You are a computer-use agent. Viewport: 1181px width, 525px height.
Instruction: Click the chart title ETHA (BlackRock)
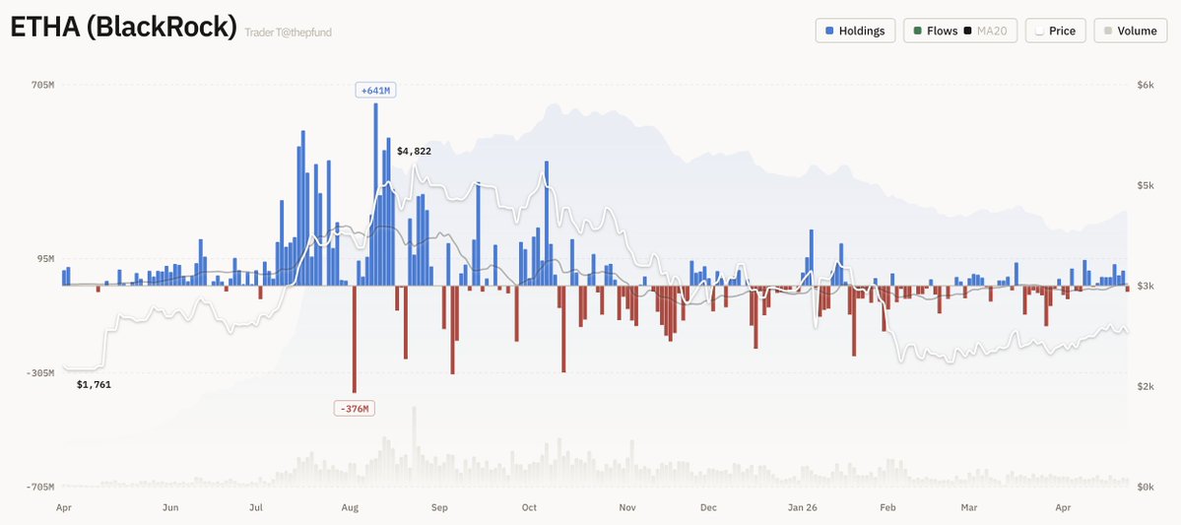click(123, 29)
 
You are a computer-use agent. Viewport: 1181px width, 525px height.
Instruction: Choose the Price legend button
click(1054, 31)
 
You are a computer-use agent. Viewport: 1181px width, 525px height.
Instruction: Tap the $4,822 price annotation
click(414, 151)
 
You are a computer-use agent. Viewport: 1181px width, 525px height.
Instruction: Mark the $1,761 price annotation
click(94, 384)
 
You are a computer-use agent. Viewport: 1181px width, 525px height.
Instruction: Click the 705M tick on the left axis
click(42, 86)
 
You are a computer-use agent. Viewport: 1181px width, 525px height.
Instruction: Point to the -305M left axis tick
click(40, 373)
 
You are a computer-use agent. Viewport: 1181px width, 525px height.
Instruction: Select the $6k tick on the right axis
click(1145, 86)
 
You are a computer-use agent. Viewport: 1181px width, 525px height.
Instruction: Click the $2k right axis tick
click(1145, 386)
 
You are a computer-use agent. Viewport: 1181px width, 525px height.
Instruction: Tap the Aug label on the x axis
click(350, 508)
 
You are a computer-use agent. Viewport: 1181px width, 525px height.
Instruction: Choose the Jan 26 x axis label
click(803, 508)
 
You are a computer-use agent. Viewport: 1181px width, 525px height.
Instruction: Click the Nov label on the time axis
click(627, 508)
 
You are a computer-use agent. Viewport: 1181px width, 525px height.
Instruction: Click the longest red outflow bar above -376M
click(355, 339)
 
